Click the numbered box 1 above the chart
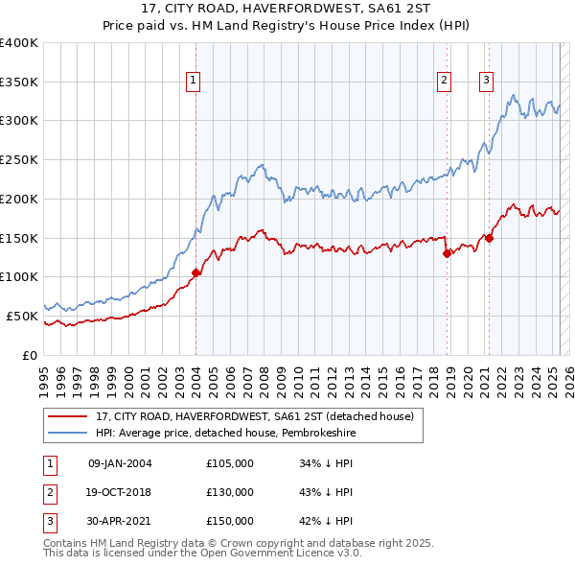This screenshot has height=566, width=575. [x=194, y=82]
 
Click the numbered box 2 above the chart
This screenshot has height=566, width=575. [x=445, y=82]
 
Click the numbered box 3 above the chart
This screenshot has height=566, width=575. [x=487, y=82]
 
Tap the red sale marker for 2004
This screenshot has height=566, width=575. [x=195, y=272]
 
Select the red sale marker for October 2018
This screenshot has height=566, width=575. [x=447, y=253]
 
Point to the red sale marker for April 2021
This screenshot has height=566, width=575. [x=489, y=238]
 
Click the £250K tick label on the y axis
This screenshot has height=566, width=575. [x=18, y=159]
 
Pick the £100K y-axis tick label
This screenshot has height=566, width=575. [x=18, y=276]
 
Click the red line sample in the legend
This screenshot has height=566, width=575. [x=67, y=416]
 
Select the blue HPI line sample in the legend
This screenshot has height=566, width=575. [x=67, y=434]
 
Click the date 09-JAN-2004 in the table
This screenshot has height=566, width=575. [x=120, y=464]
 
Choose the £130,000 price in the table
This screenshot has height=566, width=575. [x=230, y=492]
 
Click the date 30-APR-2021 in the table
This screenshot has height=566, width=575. [x=120, y=521]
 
